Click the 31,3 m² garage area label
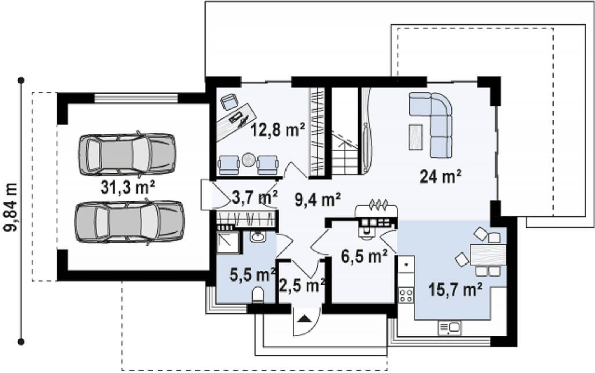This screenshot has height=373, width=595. [128, 188]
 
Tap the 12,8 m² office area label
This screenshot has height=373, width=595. [278, 129]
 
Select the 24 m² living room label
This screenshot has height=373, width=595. [441, 177]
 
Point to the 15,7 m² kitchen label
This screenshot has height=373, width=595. [455, 290]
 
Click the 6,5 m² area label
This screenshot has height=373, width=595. [364, 256]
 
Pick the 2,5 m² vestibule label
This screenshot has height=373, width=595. [302, 285]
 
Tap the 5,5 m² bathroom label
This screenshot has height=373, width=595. [252, 275]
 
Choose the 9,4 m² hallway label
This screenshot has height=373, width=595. [318, 199]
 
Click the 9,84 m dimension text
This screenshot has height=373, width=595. [11, 207]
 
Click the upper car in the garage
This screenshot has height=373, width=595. [127, 154]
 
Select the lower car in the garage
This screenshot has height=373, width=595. [129, 222]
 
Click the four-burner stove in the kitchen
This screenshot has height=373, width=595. [406, 295]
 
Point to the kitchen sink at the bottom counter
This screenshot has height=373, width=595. [449, 328]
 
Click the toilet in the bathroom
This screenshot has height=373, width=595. [258, 295]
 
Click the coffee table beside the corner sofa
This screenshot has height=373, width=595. [416, 137]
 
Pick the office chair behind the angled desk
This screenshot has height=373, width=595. [229, 101]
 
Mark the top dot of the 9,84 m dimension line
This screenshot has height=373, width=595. [21, 80]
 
